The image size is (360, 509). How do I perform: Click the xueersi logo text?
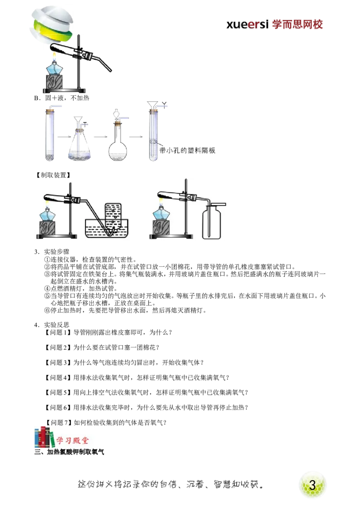pyautogui.click(x=247, y=24)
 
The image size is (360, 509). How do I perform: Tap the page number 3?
pyautogui.click(x=312, y=485)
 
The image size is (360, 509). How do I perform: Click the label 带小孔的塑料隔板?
pyautogui.click(x=188, y=150)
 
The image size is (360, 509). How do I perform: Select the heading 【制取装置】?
pyautogui.click(x=53, y=175)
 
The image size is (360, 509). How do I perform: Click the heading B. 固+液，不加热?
pyautogui.click(x=62, y=98)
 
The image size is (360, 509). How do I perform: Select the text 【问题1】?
pyautogui.click(x=58, y=332)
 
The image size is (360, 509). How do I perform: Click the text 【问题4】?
pyautogui.click(x=58, y=378)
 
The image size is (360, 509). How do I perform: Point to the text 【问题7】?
pyautogui.click(x=58, y=422)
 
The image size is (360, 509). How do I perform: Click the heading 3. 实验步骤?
pyautogui.click(x=52, y=252)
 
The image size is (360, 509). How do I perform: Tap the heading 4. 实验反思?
pyautogui.click(x=52, y=325)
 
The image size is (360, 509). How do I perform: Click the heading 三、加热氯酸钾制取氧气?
pyautogui.click(x=69, y=452)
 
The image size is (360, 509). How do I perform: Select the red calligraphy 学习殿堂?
pyautogui.click(x=72, y=441)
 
